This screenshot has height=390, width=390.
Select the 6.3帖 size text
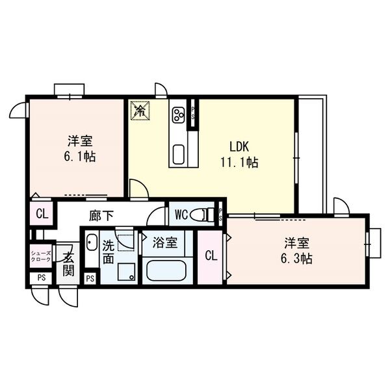[x=296, y=259]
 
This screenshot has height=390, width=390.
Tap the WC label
[x=181, y=213]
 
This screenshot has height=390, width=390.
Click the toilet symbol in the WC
[x=205, y=213]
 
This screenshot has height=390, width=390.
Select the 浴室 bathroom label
[x=164, y=243]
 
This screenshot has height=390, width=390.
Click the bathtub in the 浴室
[x=166, y=269]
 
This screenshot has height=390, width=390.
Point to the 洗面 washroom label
[x=108, y=252]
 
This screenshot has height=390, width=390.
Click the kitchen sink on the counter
[x=177, y=155]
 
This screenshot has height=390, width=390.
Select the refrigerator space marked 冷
[x=139, y=110]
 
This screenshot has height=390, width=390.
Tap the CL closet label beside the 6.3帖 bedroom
[x=210, y=255]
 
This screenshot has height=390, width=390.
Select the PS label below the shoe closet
[x=41, y=279]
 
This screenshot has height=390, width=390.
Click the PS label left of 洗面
[x=90, y=279]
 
